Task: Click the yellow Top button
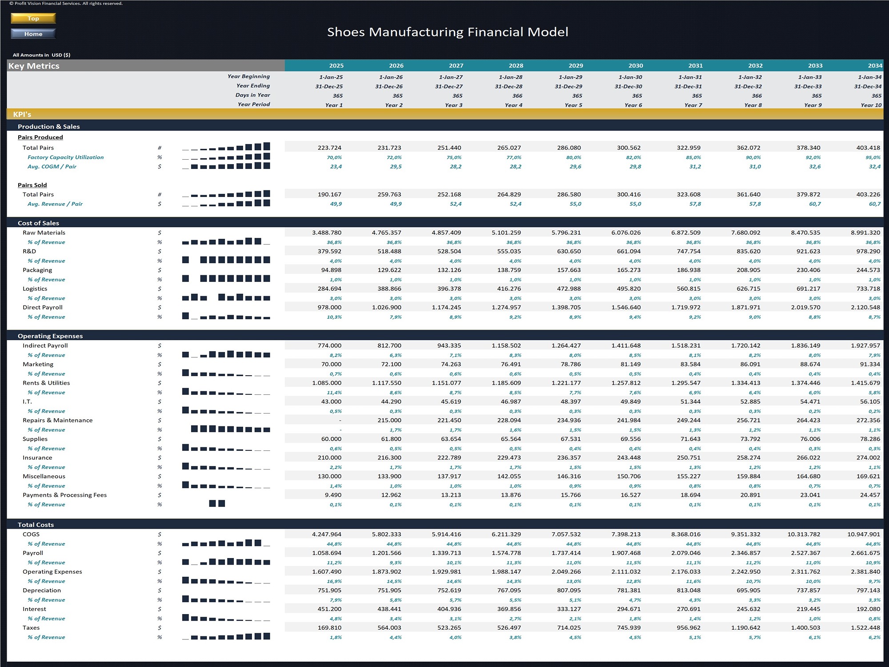[x=33, y=18]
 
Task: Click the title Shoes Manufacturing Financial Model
[x=448, y=32]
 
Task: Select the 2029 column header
[x=576, y=66]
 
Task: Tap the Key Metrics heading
[x=34, y=66]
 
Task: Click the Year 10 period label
[x=871, y=105]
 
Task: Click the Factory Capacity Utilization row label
[x=65, y=157]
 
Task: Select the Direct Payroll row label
[x=43, y=307]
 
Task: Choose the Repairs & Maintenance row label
[x=58, y=420]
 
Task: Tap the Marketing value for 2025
[x=332, y=364]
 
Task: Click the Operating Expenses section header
[x=50, y=336]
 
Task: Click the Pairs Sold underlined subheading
[x=32, y=185]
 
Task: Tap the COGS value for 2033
[x=804, y=534]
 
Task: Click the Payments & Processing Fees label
[x=65, y=495]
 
